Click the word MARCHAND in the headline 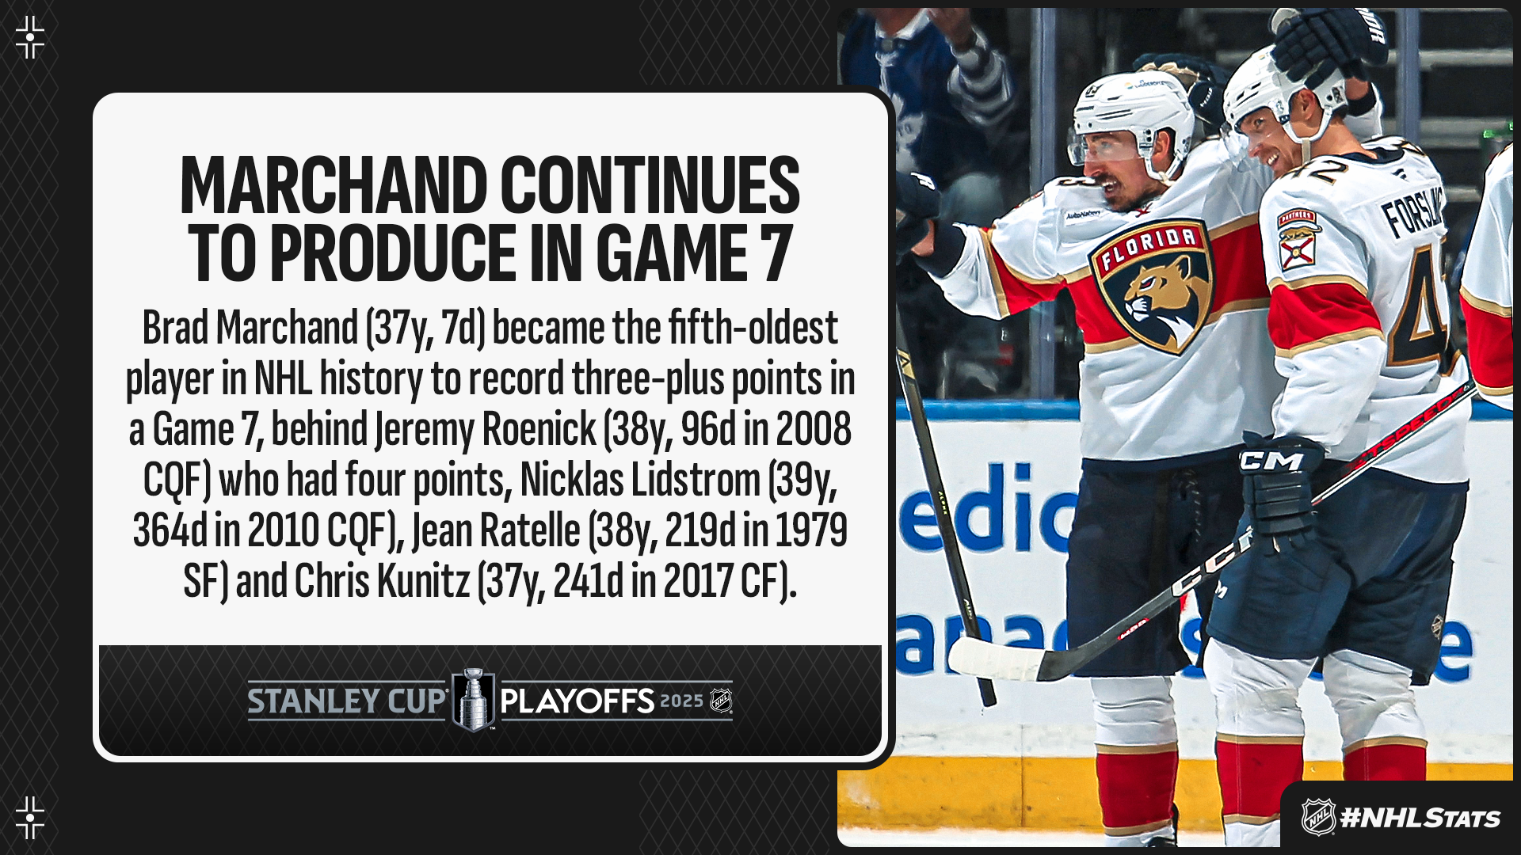point(334,185)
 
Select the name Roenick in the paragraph point(539,429)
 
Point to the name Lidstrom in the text point(640,480)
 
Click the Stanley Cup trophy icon point(473,700)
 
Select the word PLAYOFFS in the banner point(578,701)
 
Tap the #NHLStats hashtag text point(1420,818)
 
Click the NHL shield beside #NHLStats point(1318,817)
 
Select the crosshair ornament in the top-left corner point(30,37)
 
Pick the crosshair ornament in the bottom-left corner point(30,818)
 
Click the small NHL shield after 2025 point(721,701)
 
